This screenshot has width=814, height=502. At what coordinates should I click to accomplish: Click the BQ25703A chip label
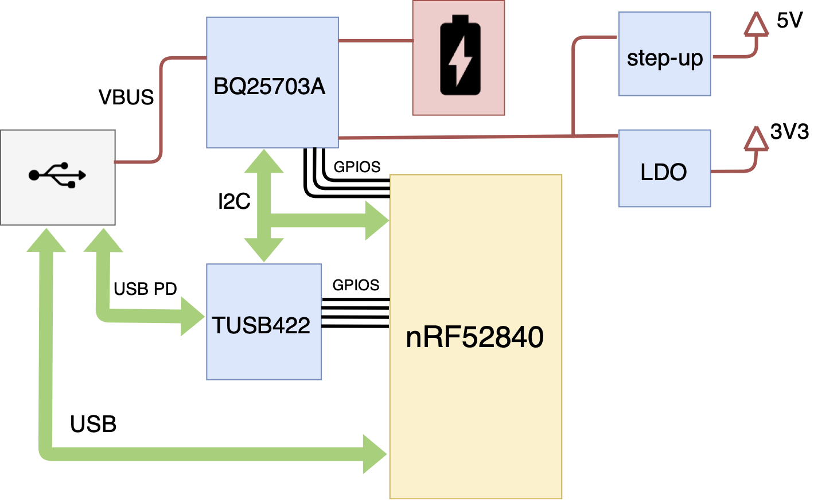coord(269,87)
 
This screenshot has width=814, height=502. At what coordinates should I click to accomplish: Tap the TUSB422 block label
coord(261,325)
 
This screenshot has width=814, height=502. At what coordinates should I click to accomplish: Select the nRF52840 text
coord(474,337)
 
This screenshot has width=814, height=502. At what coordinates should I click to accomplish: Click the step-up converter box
coord(664,54)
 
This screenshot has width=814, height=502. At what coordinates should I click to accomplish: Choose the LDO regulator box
coord(664,169)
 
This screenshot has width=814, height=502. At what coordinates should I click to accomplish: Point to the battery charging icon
coord(459,56)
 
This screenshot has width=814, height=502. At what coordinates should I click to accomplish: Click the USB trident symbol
coord(57,174)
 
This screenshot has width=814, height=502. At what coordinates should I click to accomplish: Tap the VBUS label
coord(126,98)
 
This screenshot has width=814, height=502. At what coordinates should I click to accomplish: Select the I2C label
coord(234,201)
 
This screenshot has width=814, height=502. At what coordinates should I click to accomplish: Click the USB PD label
coord(145,289)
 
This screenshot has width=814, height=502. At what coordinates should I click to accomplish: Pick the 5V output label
coord(789,21)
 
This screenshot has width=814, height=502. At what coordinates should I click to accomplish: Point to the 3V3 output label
coord(789,132)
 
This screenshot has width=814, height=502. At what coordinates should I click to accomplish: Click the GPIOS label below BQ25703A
coord(357,167)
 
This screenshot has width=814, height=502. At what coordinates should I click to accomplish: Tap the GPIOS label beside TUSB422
coord(356,285)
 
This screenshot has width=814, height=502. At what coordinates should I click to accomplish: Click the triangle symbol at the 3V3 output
coord(756,139)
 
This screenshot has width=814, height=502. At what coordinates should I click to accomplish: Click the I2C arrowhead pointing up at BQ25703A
coord(264,161)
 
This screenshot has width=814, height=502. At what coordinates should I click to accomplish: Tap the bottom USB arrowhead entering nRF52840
coord(375,454)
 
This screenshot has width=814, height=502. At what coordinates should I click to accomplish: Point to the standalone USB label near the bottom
coord(93,425)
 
